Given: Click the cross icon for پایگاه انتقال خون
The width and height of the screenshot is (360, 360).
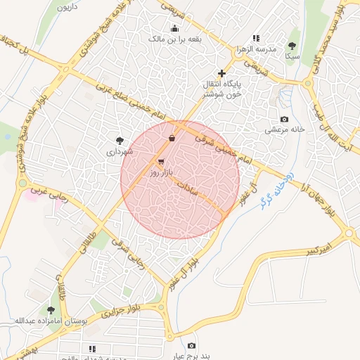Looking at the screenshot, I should [x=221, y=73].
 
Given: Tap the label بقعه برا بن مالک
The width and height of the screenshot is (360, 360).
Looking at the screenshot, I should [x=174, y=39].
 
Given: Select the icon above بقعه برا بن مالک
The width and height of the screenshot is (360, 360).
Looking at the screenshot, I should [x=174, y=29].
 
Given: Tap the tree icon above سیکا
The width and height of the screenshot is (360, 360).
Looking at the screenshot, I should [x=292, y=46].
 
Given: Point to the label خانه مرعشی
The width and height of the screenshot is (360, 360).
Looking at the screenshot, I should [x=283, y=129].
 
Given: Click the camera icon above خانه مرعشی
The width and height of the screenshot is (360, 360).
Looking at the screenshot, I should [x=284, y=120].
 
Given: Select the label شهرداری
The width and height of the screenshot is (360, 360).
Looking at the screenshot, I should [x=119, y=150].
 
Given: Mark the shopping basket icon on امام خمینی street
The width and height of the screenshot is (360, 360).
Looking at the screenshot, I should [x=172, y=138].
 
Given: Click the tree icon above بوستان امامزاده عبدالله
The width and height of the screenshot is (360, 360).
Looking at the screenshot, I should [x=51, y=309].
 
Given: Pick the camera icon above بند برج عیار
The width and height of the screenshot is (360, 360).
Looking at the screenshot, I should [x=192, y=345].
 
